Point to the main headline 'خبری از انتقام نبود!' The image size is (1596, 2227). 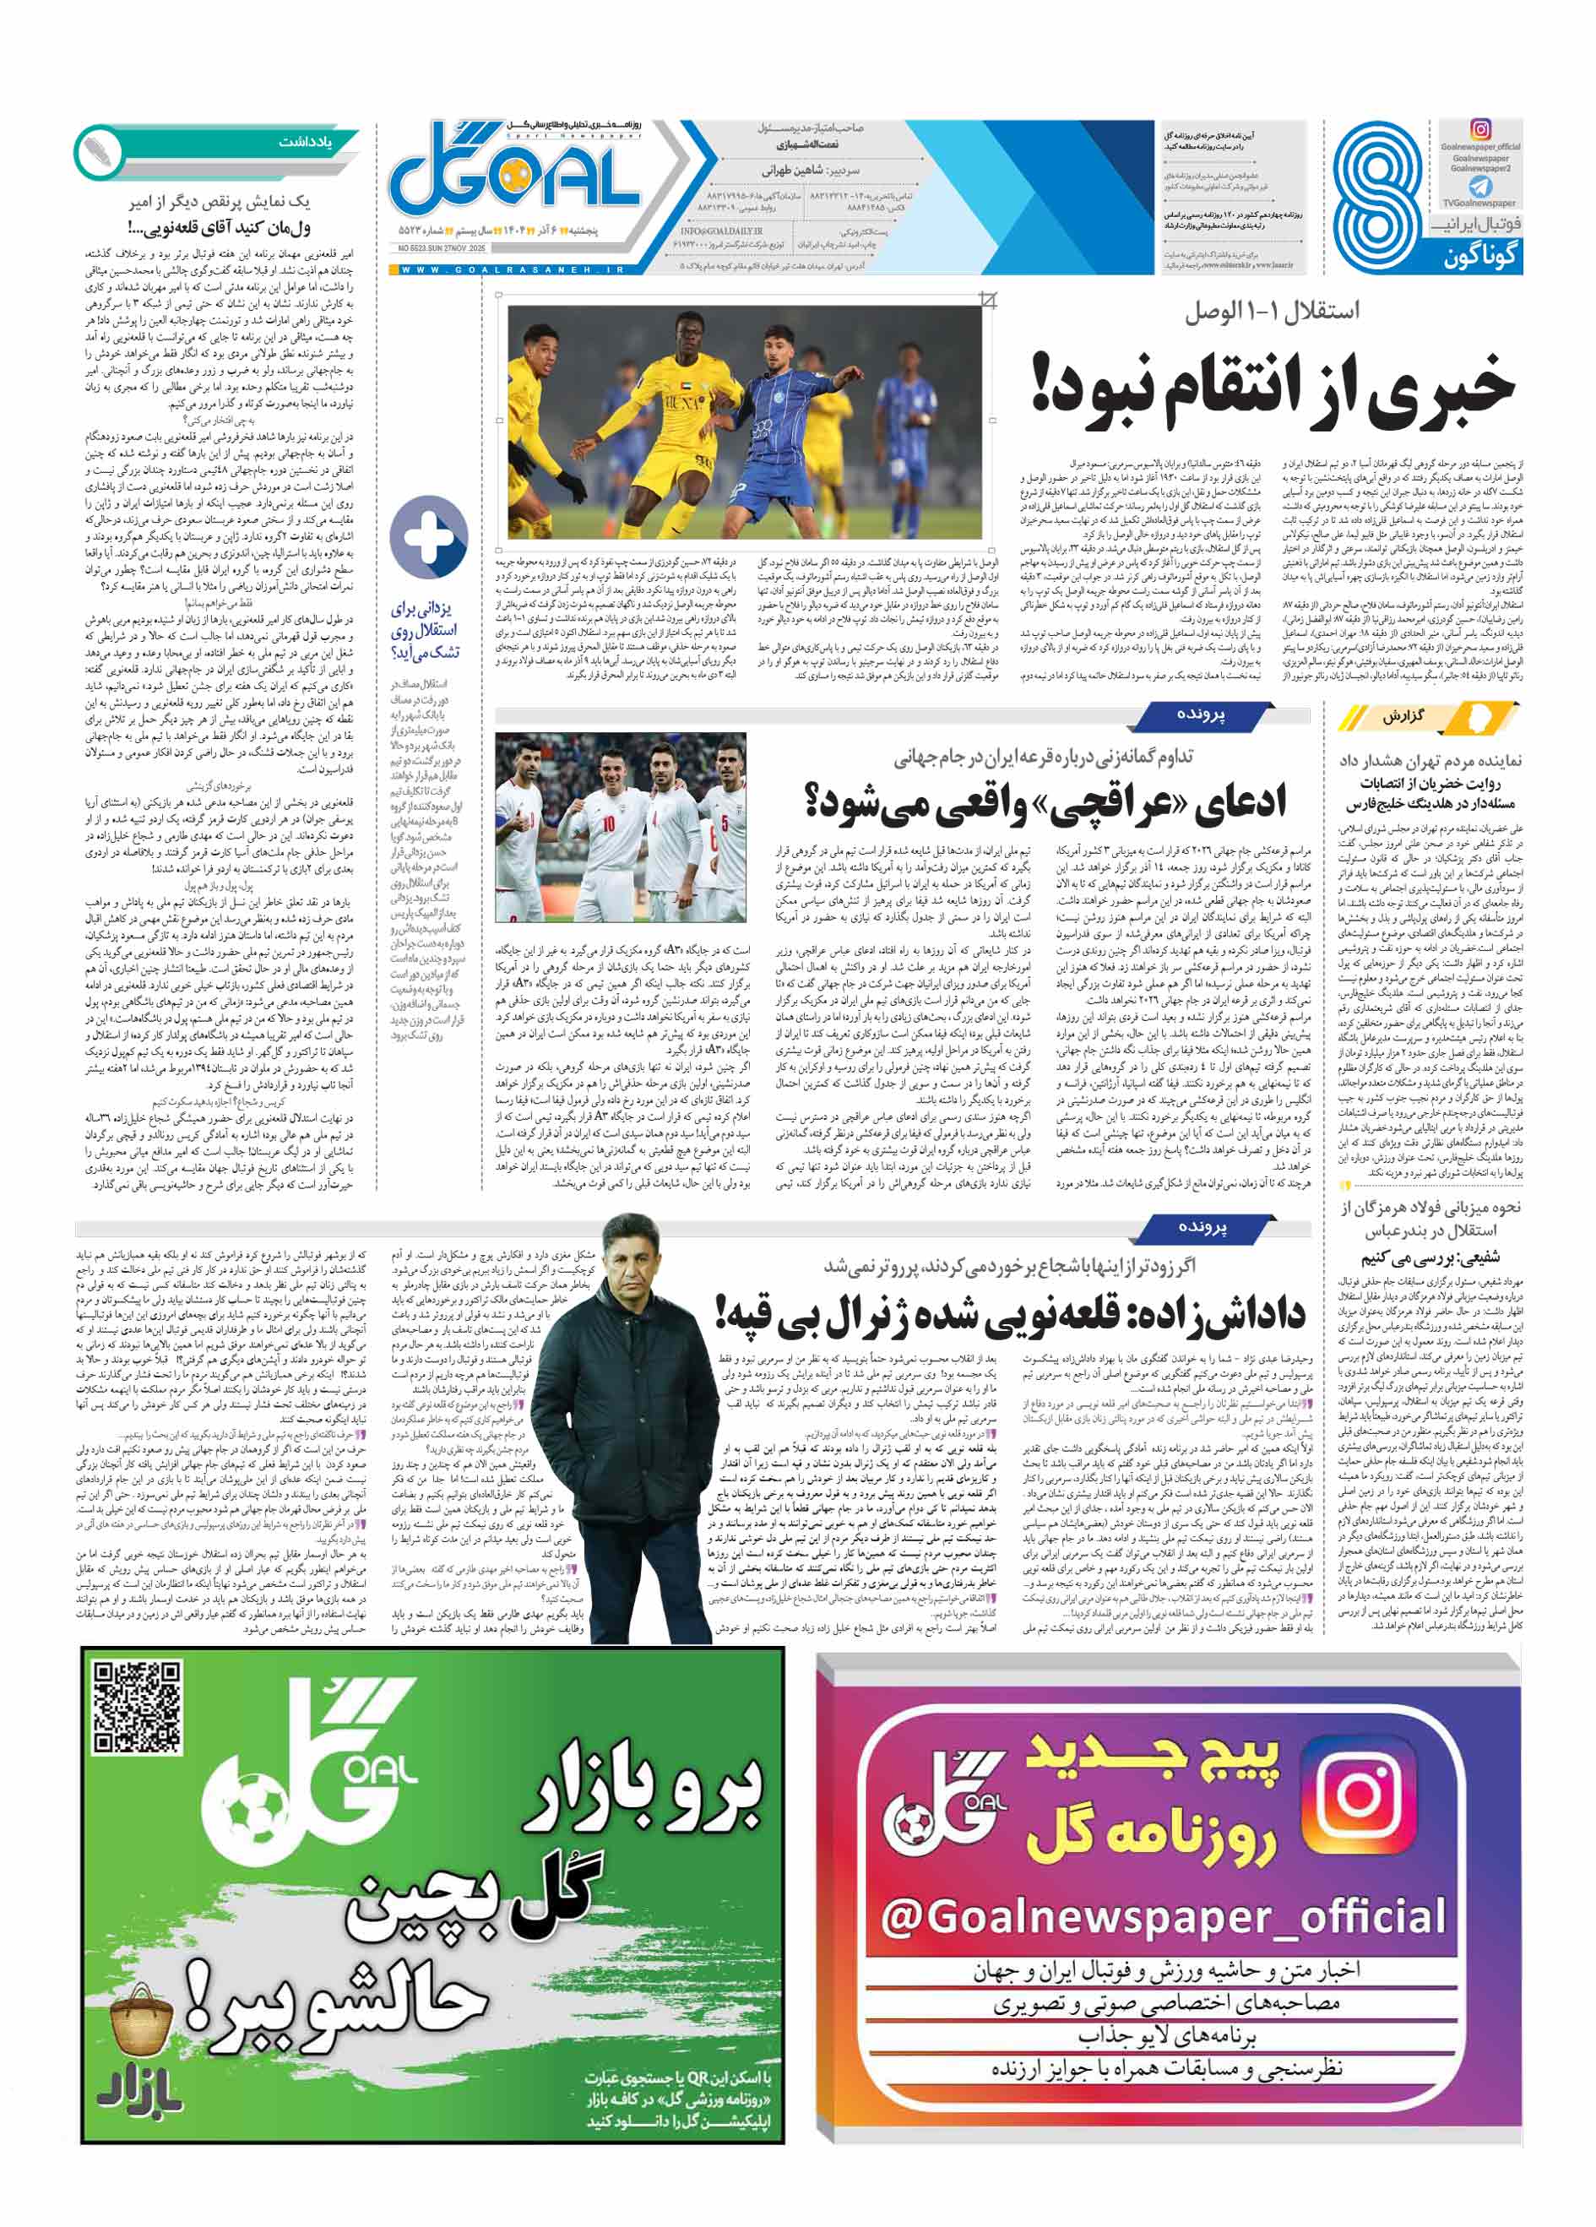(1273, 388)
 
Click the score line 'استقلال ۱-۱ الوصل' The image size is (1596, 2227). (1271, 312)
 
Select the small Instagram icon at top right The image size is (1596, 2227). (1480, 129)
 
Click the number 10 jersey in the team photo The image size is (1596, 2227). (608, 826)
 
